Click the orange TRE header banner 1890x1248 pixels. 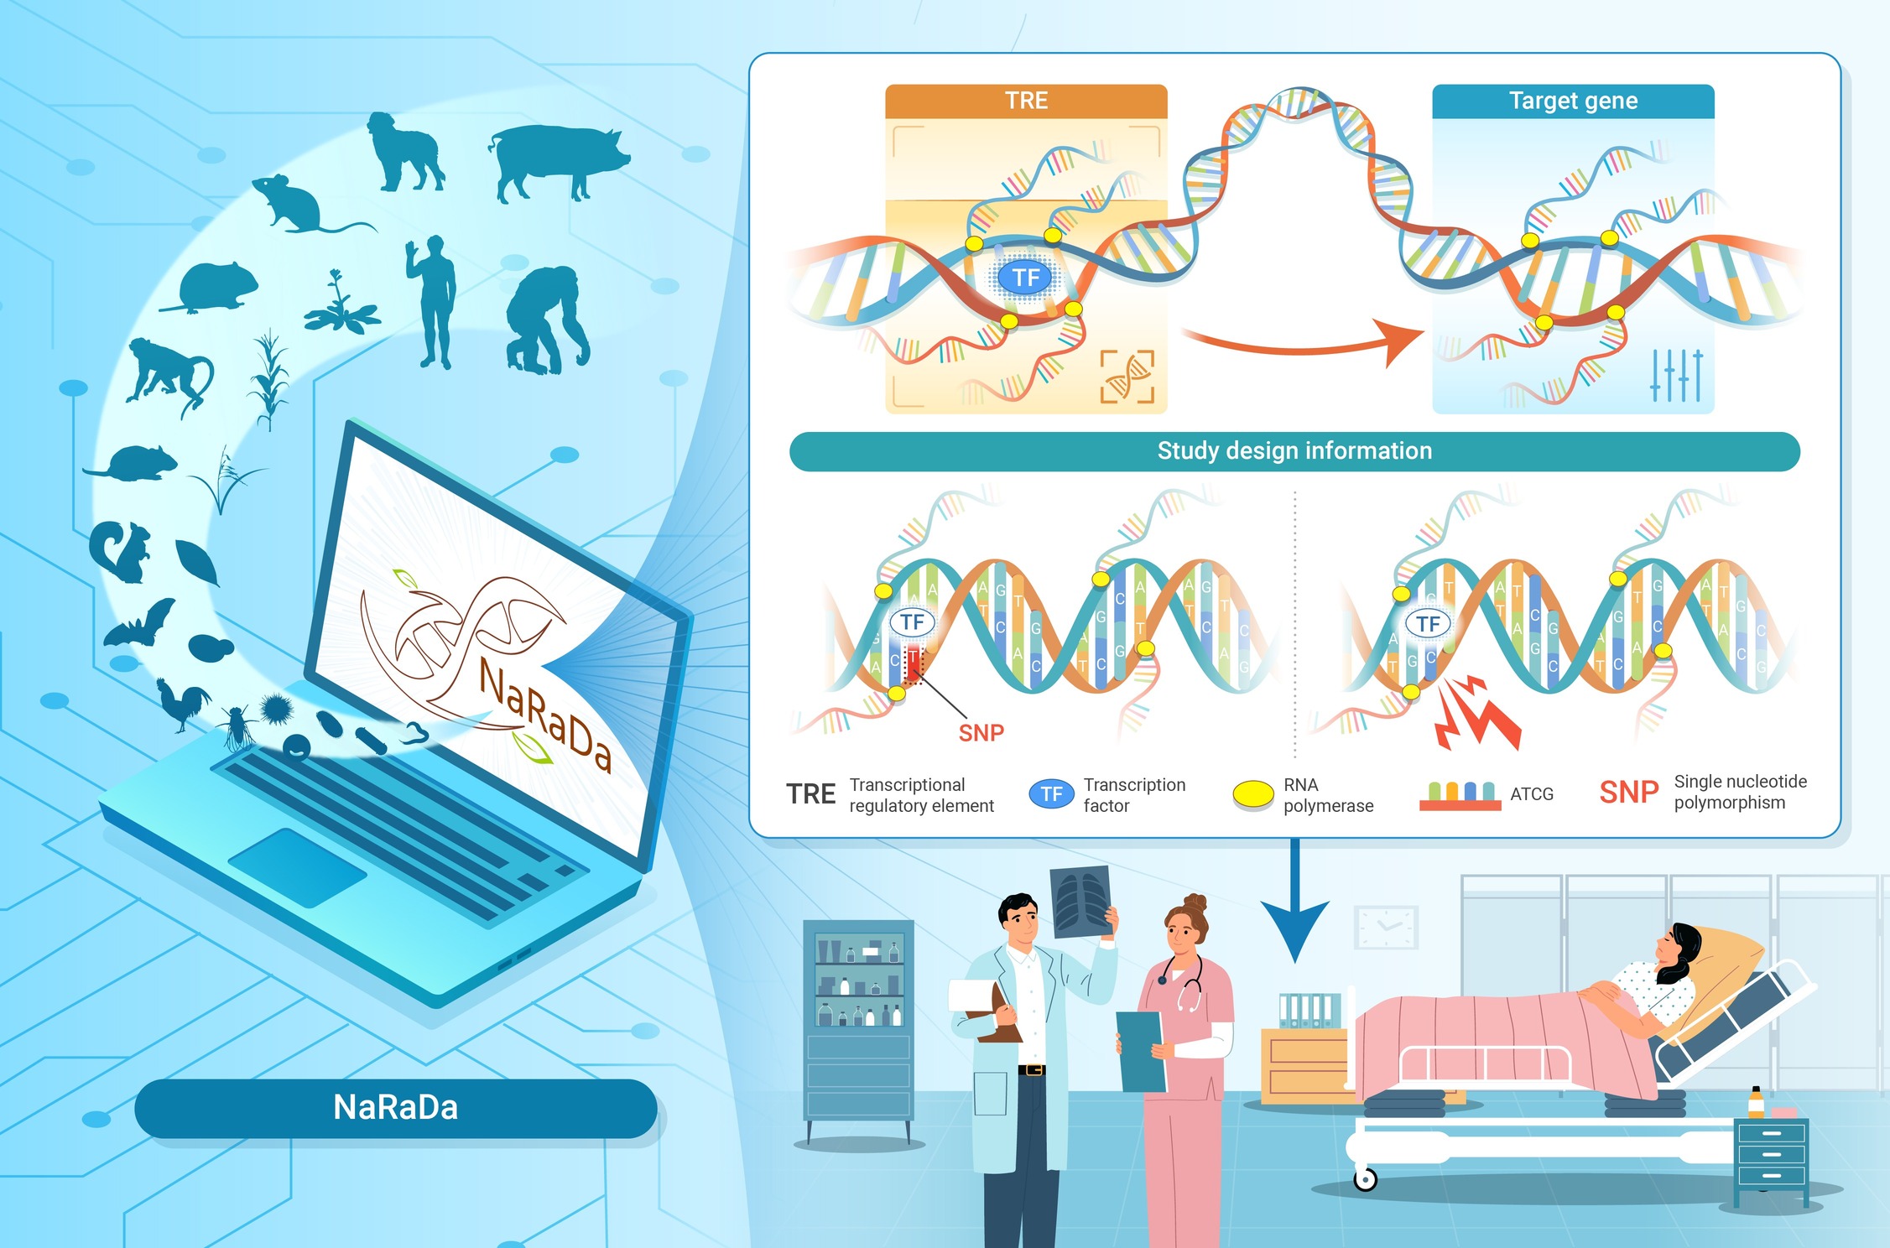click(x=1026, y=101)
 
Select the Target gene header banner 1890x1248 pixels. click(x=1573, y=101)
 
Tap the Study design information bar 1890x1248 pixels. click(x=1294, y=451)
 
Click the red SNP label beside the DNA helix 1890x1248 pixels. click(x=981, y=733)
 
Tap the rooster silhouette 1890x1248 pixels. click(x=184, y=704)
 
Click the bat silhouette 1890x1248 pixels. click(x=141, y=624)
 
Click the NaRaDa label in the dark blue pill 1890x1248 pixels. click(x=395, y=1108)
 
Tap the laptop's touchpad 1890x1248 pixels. click(x=297, y=867)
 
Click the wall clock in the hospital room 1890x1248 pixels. click(x=1386, y=928)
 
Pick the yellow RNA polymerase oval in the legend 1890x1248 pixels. click(x=1253, y=793)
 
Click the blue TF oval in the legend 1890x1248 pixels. click(x=1051, y=794)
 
